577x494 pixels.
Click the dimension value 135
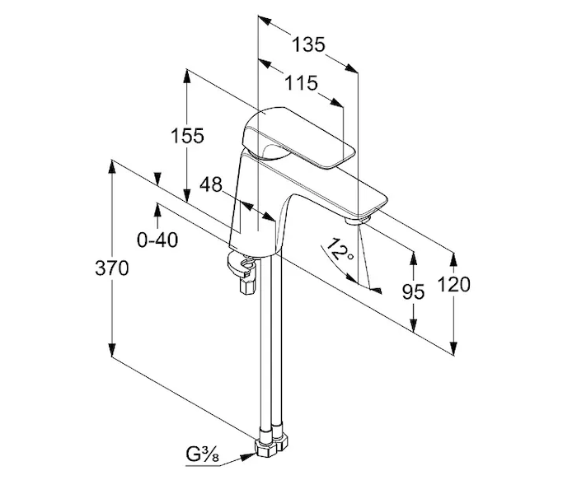click(309, 44)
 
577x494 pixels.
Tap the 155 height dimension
click(188, 136)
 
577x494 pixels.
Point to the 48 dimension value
click(212, 185)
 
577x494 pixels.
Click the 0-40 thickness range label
click(157, 240)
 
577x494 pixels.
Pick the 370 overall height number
click(112, 268)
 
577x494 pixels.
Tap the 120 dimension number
click(454, 285)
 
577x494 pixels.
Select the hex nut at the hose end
click(269, 447)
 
